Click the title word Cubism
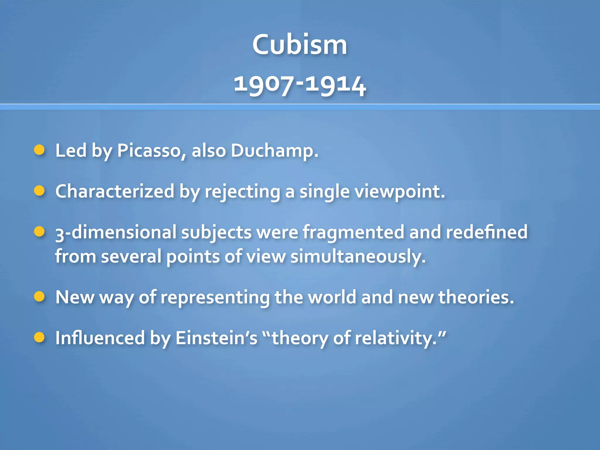click(x=300, y=45)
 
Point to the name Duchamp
click(x=274, y=151)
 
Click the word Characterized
click(x=115, y=191)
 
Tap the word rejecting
click(x=242, y=192)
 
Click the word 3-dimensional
click(x=116, y=232)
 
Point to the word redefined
click(x=487, y=232)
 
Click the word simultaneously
click(x=358, y=257)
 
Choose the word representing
click(x=215, y=298)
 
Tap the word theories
click(x=476, y=297)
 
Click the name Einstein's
click(x=216, y=338)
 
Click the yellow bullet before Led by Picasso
click(x=39, y=150)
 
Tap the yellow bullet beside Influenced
click(x=39, y=337)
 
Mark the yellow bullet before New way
click(x=39, y=296)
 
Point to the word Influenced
click(x=100, y=338)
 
